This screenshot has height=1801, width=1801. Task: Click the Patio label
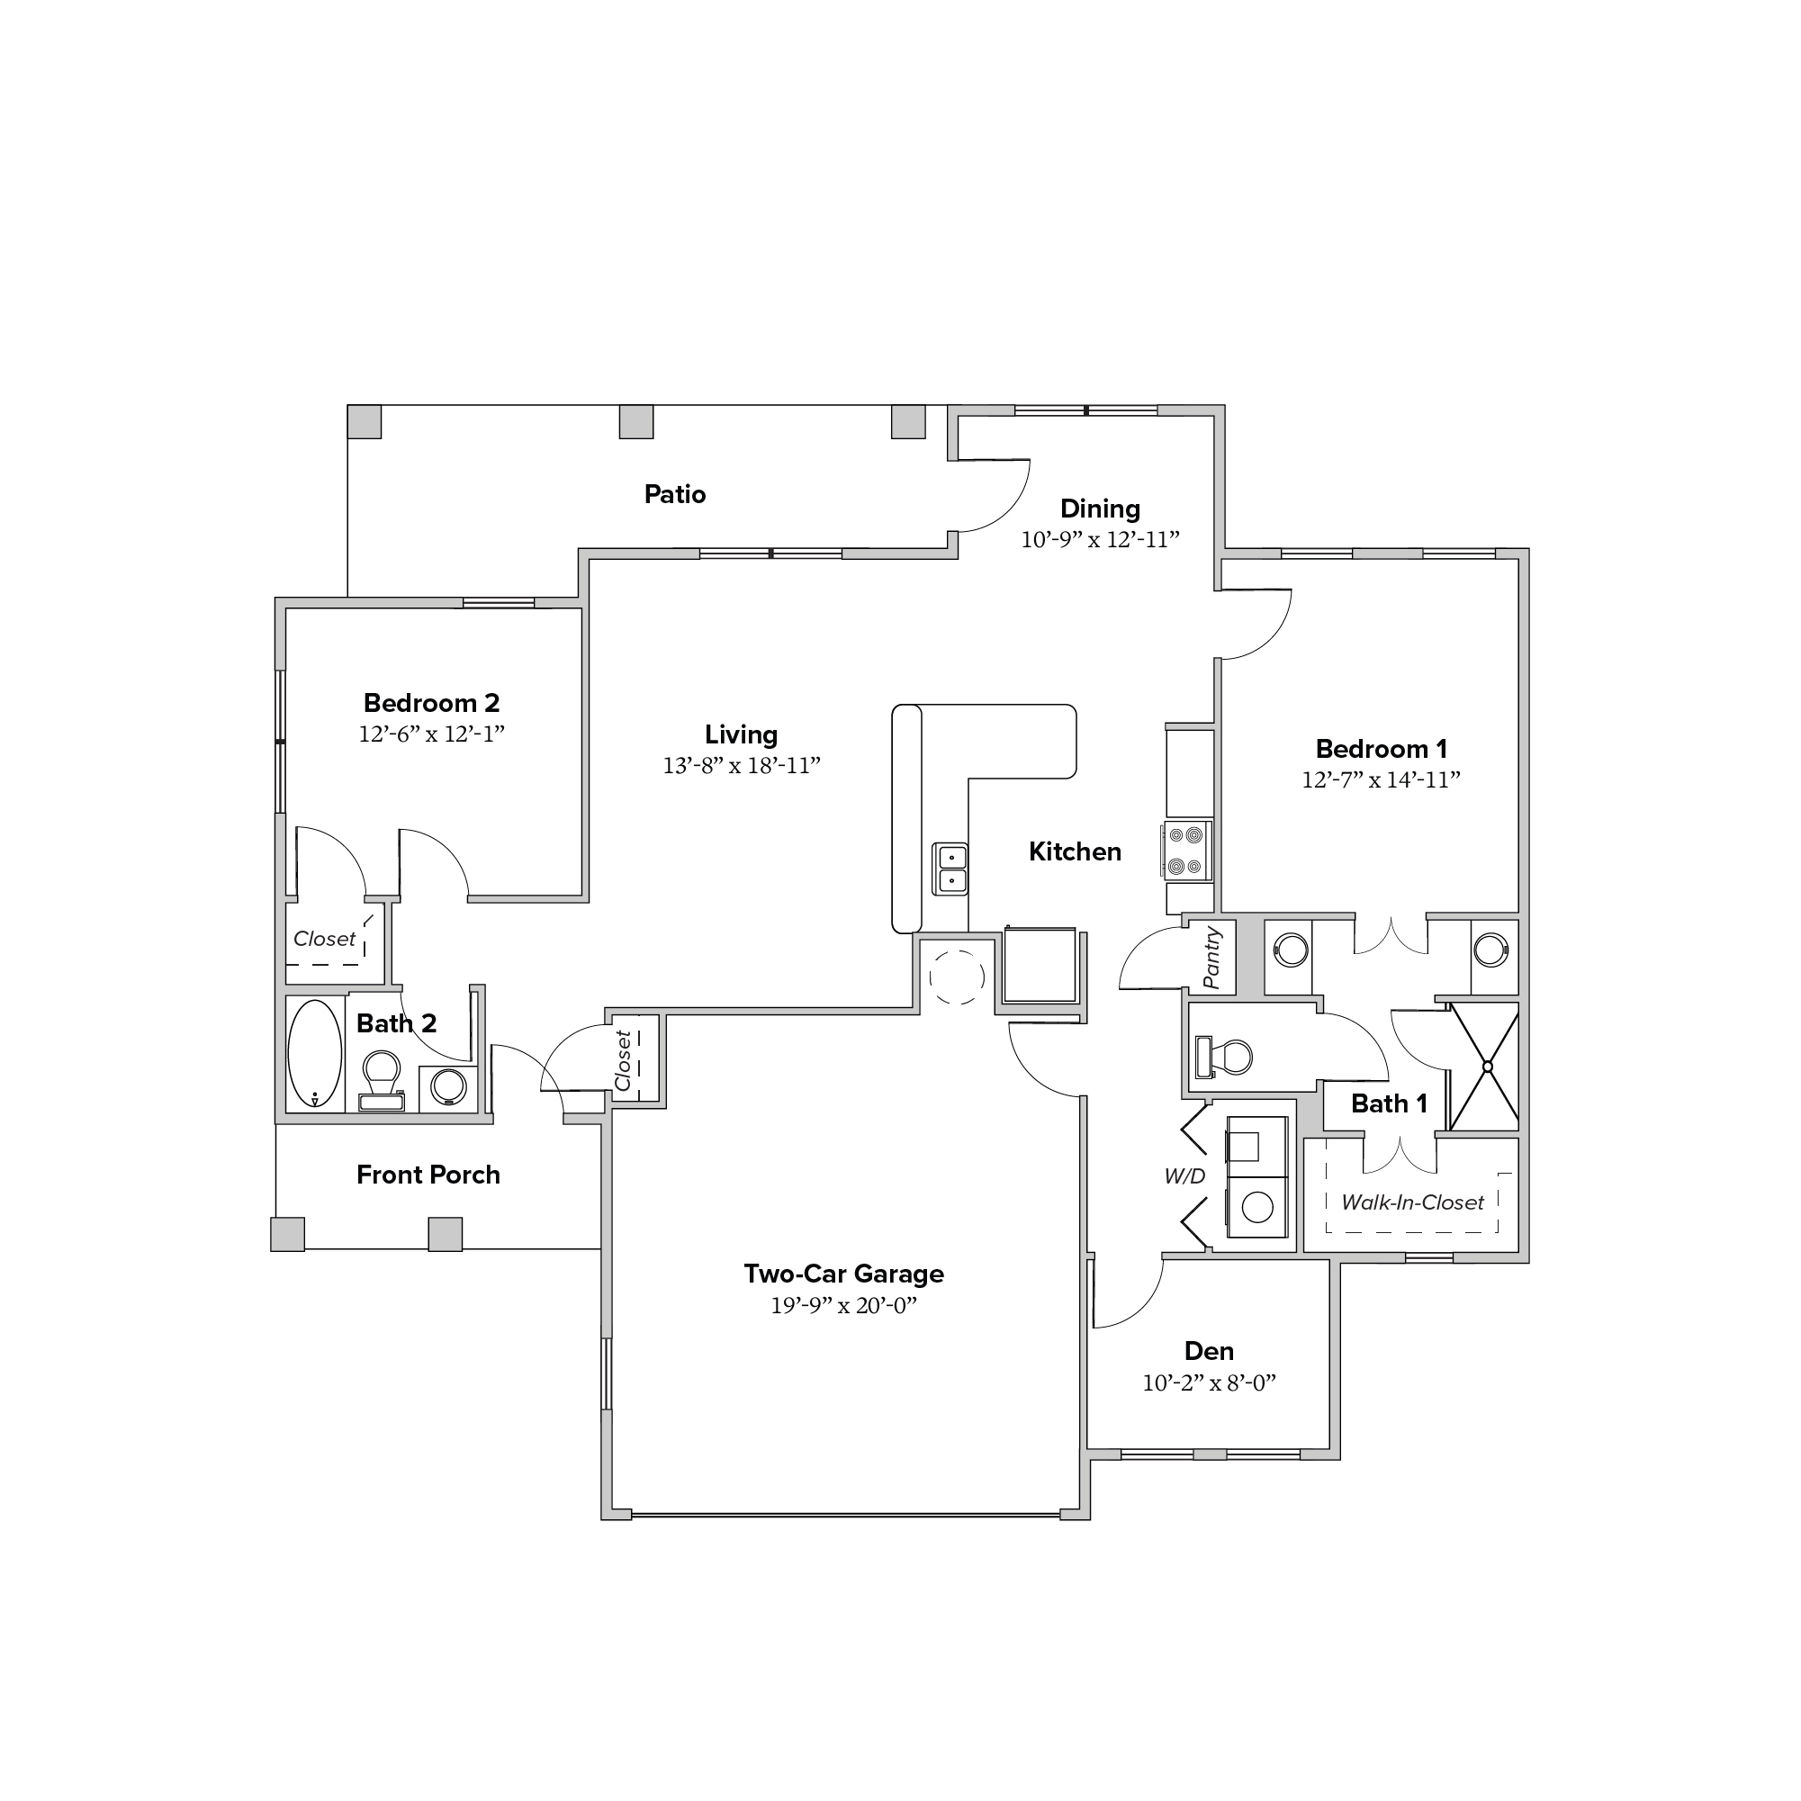coord(675,494)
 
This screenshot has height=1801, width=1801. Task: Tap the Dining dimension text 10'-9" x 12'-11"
coord(1100,540)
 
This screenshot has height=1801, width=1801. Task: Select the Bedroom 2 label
coord(432,703)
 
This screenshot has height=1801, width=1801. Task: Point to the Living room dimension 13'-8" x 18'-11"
coord(741,765)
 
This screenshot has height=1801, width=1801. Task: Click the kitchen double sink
coord(951,869)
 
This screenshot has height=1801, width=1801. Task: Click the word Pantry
coord(1211,958)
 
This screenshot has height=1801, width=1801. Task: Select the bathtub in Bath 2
coord(315,1054)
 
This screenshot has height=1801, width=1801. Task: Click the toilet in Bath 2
coord(382,1080)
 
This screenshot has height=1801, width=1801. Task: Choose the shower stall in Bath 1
coord(1486,1067)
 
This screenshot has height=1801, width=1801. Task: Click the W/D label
coord(1184,1176)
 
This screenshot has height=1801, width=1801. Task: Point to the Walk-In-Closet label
coord(1412,1202)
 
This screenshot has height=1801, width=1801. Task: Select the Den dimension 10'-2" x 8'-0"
coord(1209,1382)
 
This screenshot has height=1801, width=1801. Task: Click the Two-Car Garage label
coord(843,1274)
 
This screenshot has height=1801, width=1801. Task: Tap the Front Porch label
coord(428,1175)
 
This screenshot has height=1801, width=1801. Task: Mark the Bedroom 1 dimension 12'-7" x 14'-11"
coord(1381,780)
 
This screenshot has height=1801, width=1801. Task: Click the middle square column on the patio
coord(636,421)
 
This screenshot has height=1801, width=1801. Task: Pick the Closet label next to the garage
coord(623,1060)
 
